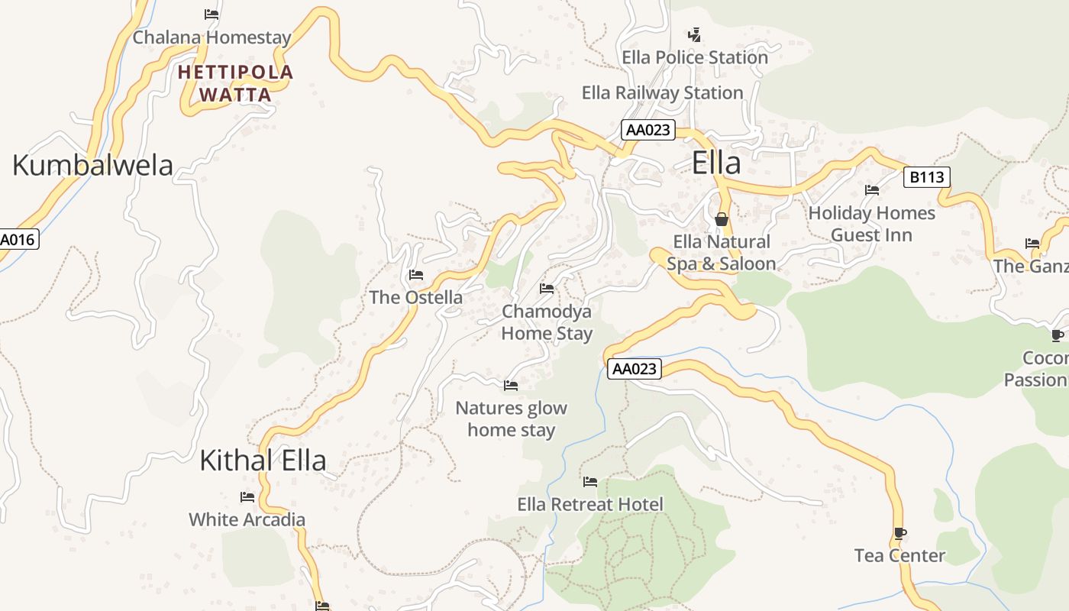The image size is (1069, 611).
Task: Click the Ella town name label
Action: pos(716,163)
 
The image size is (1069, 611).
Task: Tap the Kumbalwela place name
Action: pos(92,165)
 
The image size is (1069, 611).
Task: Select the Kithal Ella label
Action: pos(263,461)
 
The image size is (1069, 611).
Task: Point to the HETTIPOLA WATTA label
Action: pos(235,83)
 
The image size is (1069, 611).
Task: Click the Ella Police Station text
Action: pos(695,57)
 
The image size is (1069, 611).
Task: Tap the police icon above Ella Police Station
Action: pos(694,34)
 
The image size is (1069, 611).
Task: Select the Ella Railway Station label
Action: pos(662,92)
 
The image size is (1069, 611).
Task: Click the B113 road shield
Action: pos(926,177)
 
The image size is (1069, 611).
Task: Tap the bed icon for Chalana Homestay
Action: pos(212,15)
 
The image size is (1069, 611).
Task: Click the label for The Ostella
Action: pos(416,297)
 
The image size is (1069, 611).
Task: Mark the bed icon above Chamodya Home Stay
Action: pos(547,289)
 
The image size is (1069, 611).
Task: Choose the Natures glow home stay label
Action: pos(511,419)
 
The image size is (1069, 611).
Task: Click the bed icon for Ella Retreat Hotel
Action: pos(590,482)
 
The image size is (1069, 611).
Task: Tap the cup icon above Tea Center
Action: pos(900,533)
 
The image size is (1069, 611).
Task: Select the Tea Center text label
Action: pos(899,555)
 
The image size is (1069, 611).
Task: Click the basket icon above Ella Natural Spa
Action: pos(722,220)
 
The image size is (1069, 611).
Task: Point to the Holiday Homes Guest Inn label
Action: pos(871,224)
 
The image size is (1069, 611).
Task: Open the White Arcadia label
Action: pos(247,519)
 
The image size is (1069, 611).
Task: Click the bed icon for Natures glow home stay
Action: pos(511,386)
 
